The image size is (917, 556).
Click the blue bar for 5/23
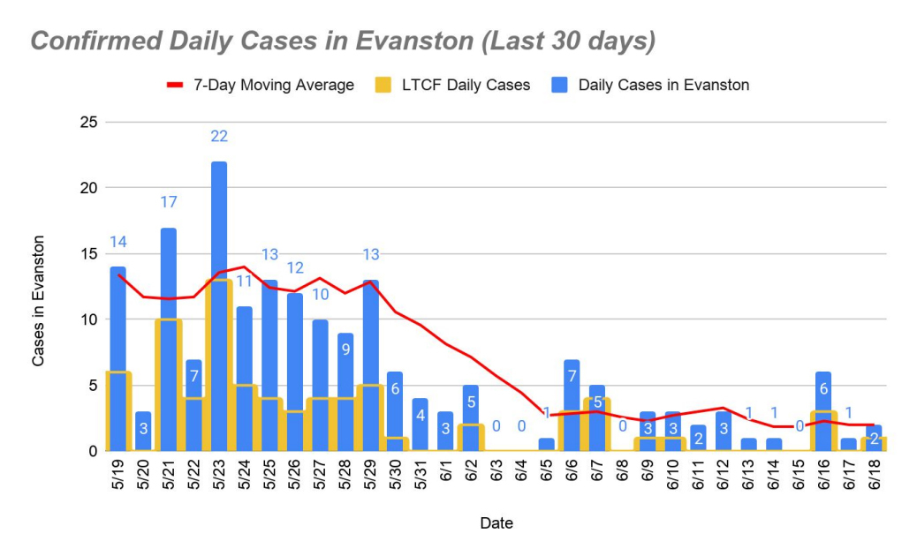[219, 221]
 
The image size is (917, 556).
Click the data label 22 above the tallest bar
[219, 136]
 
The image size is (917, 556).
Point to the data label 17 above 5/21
[168, 202]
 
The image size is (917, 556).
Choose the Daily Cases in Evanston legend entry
[663, 86]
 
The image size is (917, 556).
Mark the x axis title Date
[496, 523]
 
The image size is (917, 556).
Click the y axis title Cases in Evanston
[39, 300]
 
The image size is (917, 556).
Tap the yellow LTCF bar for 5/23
[219, 371]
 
